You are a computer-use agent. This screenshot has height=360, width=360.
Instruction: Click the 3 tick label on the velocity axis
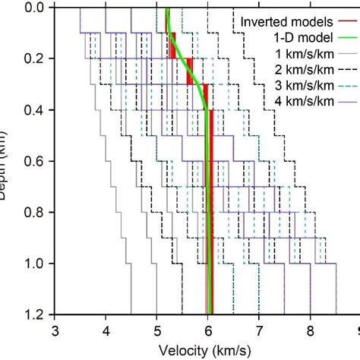pos(55,331)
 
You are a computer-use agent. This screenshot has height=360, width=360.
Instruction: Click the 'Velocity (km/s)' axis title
pos(206,350)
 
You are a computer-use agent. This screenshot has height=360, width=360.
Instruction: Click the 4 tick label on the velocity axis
pos(106,331)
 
